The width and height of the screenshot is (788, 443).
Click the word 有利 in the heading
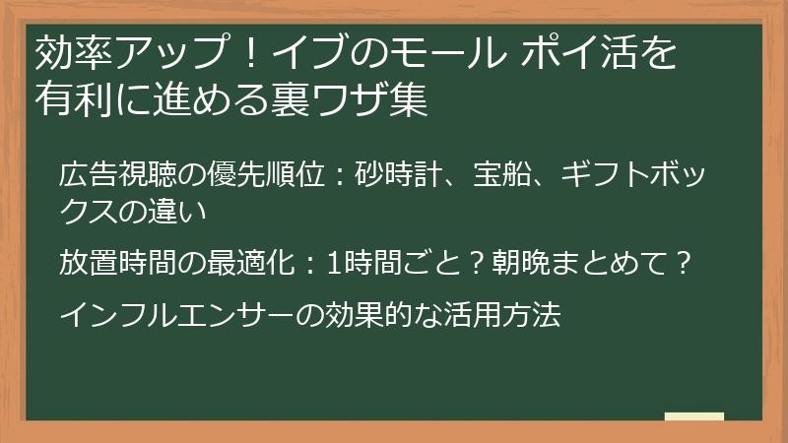(70, 100)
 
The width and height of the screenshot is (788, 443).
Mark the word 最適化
(250, 263)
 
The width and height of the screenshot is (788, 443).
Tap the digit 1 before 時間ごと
(332, 263)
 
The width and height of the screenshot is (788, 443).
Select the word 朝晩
(507, 263)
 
